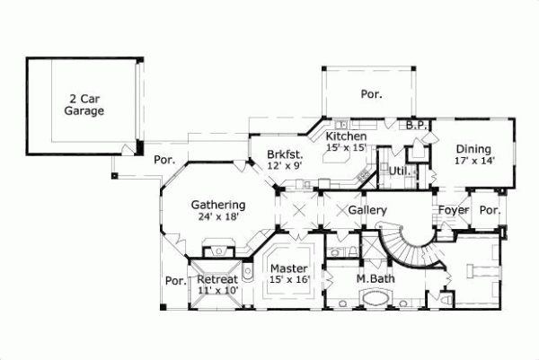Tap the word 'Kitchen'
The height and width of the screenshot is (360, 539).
[x=345, y=136]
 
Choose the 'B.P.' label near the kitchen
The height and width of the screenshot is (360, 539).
[x=415, y=126]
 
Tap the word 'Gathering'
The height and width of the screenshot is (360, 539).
[x=217, y=205]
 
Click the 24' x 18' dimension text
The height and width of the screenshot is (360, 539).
[x=217, y=216]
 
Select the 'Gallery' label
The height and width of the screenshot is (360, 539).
[x=367, y=210]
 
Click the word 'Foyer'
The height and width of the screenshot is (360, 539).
[x=452, y=210]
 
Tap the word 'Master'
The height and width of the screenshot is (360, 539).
[x=289, y=268]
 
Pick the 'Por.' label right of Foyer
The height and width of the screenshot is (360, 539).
[x=490, y=210]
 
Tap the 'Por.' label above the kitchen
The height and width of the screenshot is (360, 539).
[x=370, y=92]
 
